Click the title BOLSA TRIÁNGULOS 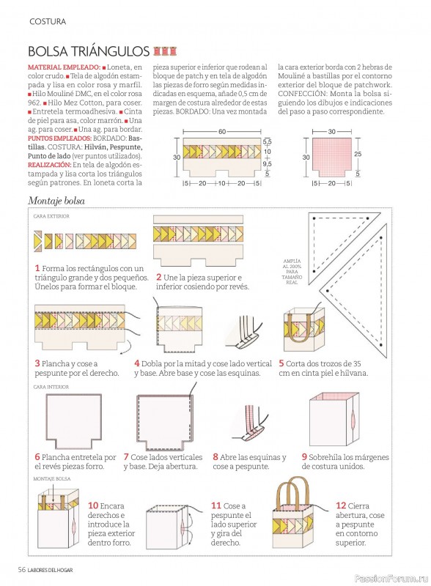tap(89, 51)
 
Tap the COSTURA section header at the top tap(48, 22)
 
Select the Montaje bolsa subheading tap(56, 201)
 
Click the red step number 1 tap(37, 268)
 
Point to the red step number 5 tap(281, 363)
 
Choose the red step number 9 tap(304, 456)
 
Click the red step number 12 tap(341, 505)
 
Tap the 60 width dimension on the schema tap(222, 132)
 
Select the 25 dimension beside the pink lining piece tap(358, 154)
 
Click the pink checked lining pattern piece tap(332, 157)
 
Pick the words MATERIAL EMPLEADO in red tap(64, 67)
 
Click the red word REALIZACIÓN tap(49, 165)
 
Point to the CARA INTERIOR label tap(51, 387)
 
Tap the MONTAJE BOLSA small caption tap(52, 478)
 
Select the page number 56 tap(22, 570)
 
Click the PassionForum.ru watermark tap(391, 578)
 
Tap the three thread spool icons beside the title tap(165, 51)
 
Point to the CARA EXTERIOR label tap(51, 216)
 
